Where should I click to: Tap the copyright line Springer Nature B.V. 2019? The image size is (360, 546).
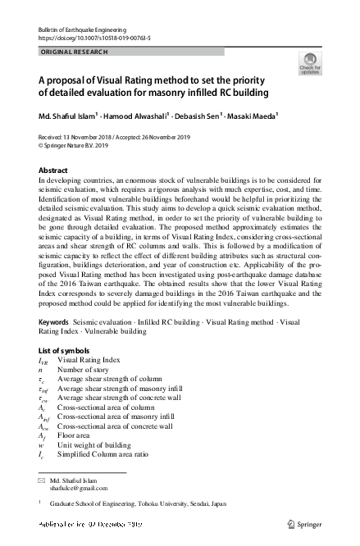coord(76,146)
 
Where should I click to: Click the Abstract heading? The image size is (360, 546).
coord(53,170)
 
